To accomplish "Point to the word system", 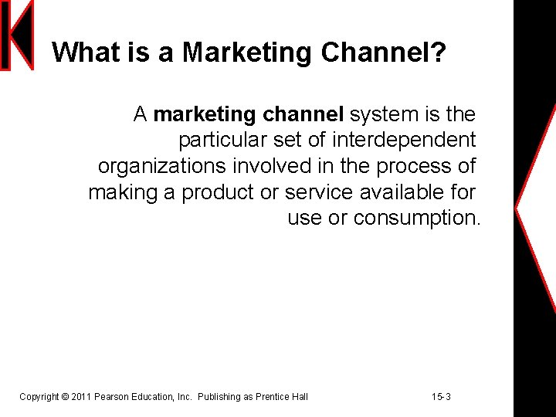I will coord(384,115).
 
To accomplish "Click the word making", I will coord(123,192).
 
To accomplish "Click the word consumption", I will coord(417,219).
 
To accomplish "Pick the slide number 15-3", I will coord(442,397).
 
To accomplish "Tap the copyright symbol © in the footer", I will coord(64,397).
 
